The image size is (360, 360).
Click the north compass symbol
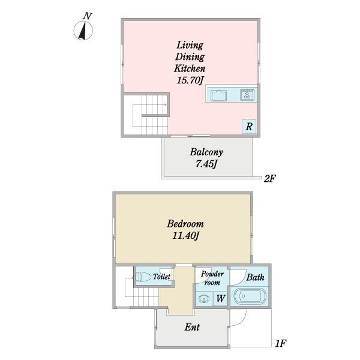point(83,31)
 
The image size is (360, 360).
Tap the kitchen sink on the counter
point(218,95)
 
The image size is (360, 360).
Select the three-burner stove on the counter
point(247,94)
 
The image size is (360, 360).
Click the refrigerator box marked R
point(249,127)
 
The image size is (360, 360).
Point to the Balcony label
point(206,152)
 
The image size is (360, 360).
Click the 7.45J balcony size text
point(206,164)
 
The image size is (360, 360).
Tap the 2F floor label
point(269,178)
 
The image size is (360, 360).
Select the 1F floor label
point(280,343)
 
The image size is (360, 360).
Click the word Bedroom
point(185,224)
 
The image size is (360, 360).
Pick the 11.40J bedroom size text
point(185,236)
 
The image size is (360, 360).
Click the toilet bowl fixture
point(143,277)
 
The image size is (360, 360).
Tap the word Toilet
point(161,277)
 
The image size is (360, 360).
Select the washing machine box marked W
point(221,298)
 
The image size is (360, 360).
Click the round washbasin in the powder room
point(203,299)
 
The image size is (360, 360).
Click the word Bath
point(256,277)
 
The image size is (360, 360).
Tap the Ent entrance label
point(192,327)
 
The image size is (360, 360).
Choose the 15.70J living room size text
point(190,80)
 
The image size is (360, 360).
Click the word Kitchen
point(190,68)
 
